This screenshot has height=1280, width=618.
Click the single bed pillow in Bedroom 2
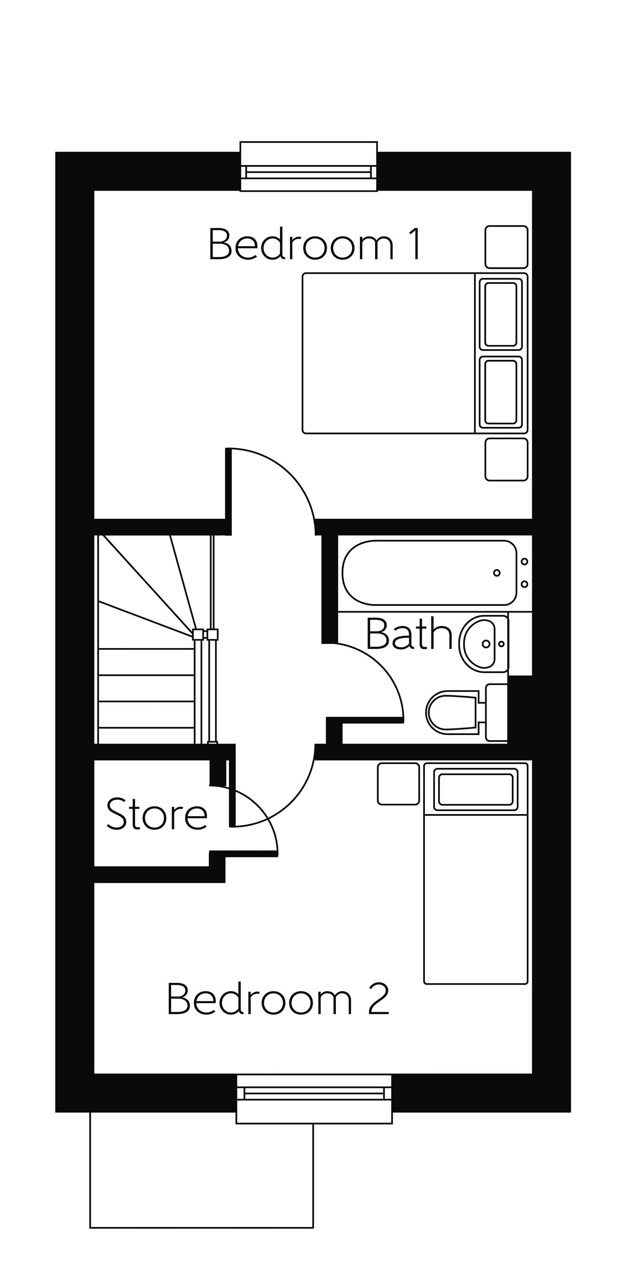pyautogui.click(x=475, y=789)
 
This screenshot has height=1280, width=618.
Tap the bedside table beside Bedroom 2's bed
pyautogui.click(x=398, y=784)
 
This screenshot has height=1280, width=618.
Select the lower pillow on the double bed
pyautogui.click(x=501, y=392)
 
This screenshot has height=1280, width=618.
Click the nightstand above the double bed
pyautogui.click(x=506, y=247)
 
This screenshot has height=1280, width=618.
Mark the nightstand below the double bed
pyautogui.click(x=506, y=459)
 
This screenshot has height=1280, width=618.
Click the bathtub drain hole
pyautogui.click(x=496, y=573)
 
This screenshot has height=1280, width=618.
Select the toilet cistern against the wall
pyautogui.click(x=496, y=712)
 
